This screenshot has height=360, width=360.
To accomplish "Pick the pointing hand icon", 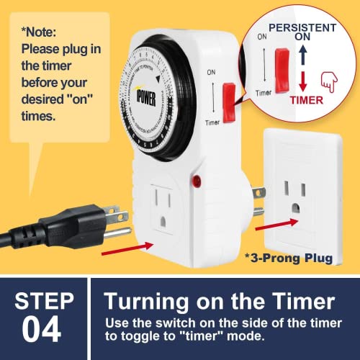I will [x=331, y=85].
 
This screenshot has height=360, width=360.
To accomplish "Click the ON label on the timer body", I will [x=210, y=73].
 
